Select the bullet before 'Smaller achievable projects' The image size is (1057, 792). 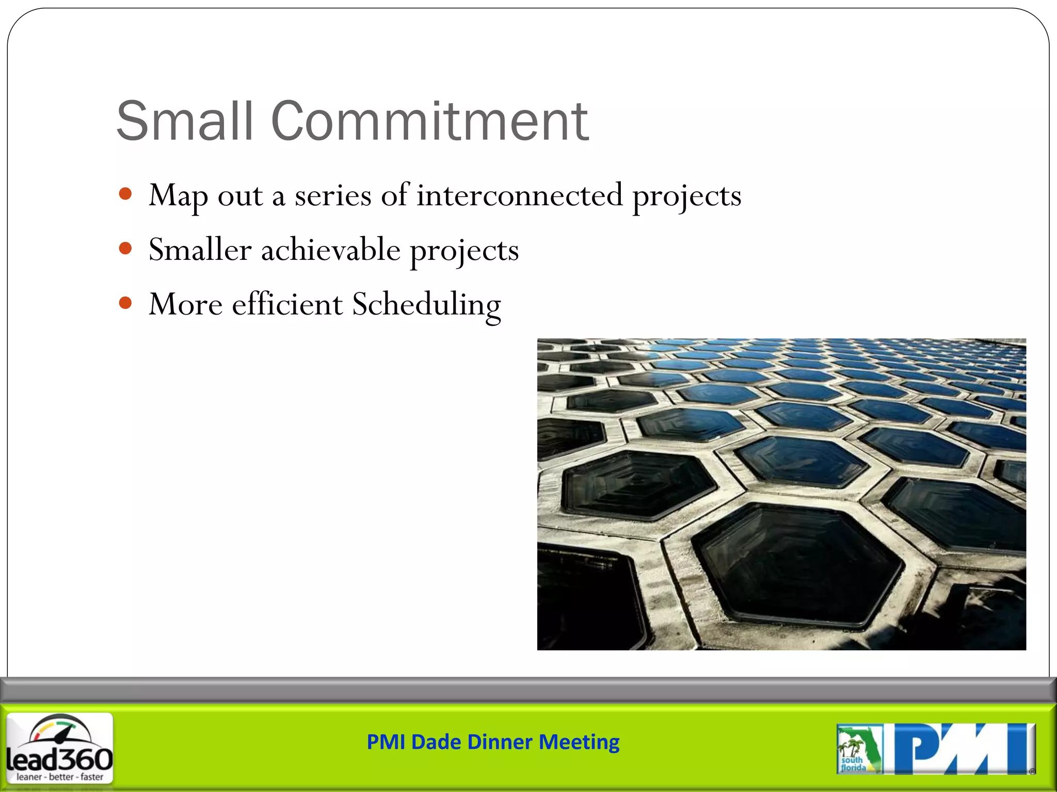tap(125, 249)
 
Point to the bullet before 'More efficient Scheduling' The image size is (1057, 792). tap(125, 303)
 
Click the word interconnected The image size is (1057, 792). tap(520, 195)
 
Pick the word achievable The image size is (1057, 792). tap(331, 250)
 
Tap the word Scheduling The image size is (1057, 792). tap(426, 305)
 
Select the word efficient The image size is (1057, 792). tap(287, 304)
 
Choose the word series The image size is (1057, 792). tap(333, 196)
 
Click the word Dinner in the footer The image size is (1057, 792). tap(500, 742)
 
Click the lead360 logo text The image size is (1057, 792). tap(60, 759)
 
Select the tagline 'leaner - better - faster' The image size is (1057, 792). tap(60, 777)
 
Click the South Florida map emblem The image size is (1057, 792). tap(859, 749)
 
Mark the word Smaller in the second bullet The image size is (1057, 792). tap(200, 250)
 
